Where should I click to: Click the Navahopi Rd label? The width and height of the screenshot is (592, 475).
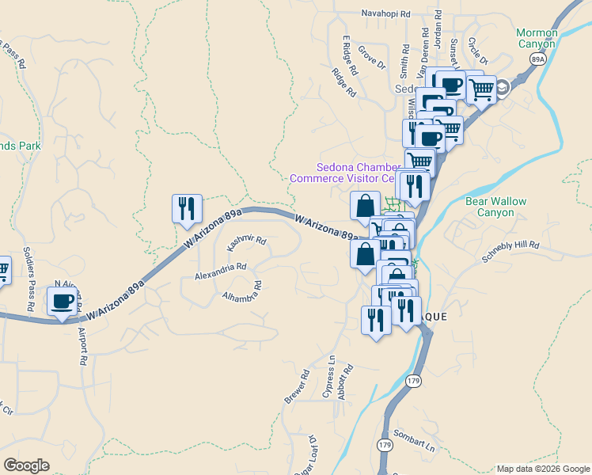386,13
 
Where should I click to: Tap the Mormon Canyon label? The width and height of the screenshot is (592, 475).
537,38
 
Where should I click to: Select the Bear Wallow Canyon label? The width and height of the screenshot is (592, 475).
495,207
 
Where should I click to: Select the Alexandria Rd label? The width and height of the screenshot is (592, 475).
221,272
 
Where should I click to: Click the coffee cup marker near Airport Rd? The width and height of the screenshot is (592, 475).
62,302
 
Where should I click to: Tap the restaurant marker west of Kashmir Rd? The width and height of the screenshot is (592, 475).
187,208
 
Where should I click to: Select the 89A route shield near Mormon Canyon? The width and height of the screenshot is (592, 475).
539,59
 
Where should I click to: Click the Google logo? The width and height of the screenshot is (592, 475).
26,465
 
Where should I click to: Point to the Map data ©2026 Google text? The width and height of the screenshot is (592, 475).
543,469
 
